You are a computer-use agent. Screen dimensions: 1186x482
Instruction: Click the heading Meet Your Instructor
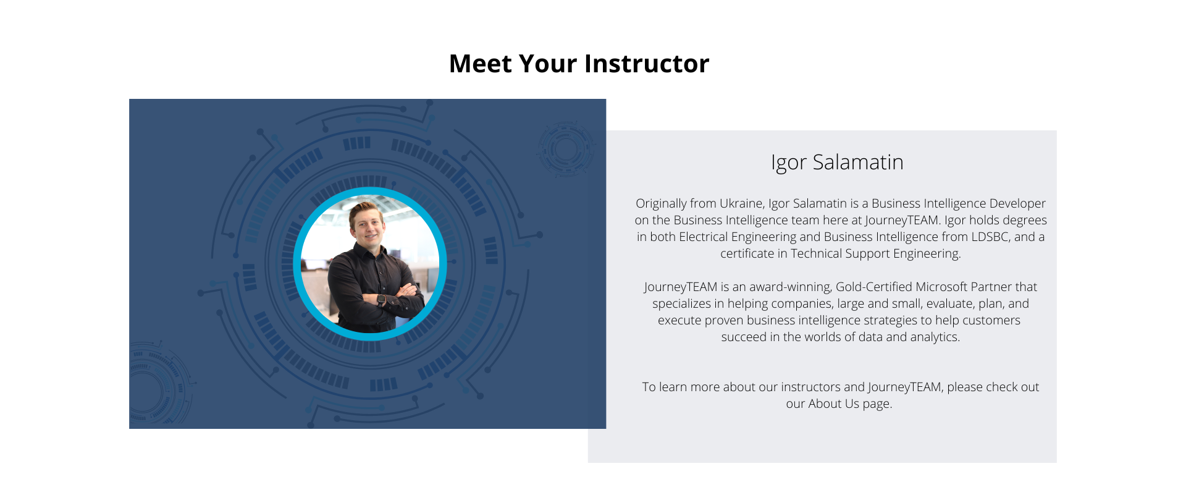pyautogui.click(x=579, y=64)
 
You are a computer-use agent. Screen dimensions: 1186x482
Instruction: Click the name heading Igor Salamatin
pyautogui.click(x=837, y=162)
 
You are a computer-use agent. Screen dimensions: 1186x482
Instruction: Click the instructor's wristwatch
pyautogui.click(x=382, y=300)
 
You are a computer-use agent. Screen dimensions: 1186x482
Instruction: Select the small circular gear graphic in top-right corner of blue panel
pyautogui.click(x=565, y=149)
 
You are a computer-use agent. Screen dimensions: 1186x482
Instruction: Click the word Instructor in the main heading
pyautogui.click(x=647, y=64)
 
